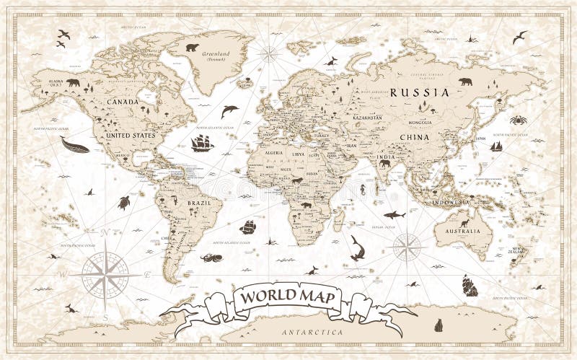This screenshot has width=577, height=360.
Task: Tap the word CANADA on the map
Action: [123, 102]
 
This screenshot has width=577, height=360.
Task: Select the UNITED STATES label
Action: [130, 135]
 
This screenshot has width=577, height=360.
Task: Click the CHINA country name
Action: [415, 136]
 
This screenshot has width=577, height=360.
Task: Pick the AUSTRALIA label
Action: [462, 232]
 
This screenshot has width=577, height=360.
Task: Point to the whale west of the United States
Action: [74, 146]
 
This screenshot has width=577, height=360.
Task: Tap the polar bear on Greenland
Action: [192, 48]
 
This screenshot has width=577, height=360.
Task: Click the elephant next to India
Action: [384, 164]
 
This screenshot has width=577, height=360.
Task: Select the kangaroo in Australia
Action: [464, 222]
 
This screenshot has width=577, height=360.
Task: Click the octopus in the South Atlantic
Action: [211, 257]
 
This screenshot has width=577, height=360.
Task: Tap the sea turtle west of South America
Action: [124, 203]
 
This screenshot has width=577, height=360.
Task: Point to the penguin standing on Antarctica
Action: [438, 325]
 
